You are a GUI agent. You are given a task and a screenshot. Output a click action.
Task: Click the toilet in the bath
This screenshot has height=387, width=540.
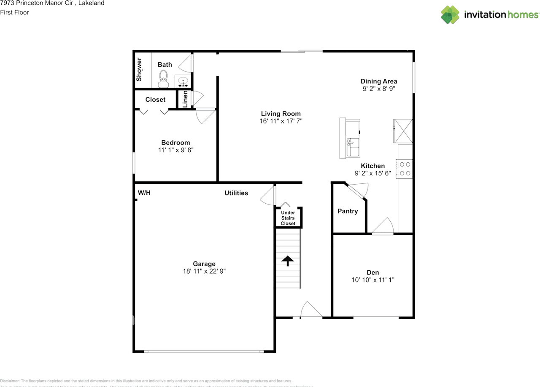click(x=163, y=79)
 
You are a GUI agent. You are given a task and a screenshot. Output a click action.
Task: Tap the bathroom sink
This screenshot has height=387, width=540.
click(x=183, y=81)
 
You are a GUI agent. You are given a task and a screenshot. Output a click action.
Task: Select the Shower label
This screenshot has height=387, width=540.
click(x=139, y=70)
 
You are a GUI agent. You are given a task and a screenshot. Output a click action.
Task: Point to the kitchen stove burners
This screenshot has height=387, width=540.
click(x=405, y=169)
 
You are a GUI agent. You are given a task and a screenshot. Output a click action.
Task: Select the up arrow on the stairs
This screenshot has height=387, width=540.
click(x=288, y=261)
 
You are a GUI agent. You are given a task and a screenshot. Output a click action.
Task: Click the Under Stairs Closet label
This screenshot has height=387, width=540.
click(x=288, y=218)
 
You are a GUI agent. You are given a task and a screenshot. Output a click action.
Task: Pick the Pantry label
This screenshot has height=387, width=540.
click(x=348, y=211)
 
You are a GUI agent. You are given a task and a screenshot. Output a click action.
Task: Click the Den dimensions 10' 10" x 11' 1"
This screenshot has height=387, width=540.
click(x=373, y=279)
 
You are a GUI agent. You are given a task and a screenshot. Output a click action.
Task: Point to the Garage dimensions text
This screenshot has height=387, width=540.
click(x=204, y=271)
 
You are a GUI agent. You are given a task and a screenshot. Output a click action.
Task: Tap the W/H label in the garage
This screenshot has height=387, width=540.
click(x=144, y=193)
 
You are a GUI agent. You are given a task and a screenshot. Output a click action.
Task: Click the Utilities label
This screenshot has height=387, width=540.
click(x=236, y=193)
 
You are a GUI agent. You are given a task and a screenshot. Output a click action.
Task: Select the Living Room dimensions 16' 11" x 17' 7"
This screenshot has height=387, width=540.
click(x=281, y=121)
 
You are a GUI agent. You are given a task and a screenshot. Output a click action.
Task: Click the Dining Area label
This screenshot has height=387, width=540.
click(x=379, y=81)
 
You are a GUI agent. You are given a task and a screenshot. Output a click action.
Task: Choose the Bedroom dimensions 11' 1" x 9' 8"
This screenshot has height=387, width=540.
click(x=175, y=150)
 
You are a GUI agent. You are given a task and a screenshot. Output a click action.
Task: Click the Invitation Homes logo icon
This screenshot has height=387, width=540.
click(x=450, y=15)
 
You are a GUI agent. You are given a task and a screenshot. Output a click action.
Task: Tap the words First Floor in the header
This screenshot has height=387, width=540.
click(x=14, y=12)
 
